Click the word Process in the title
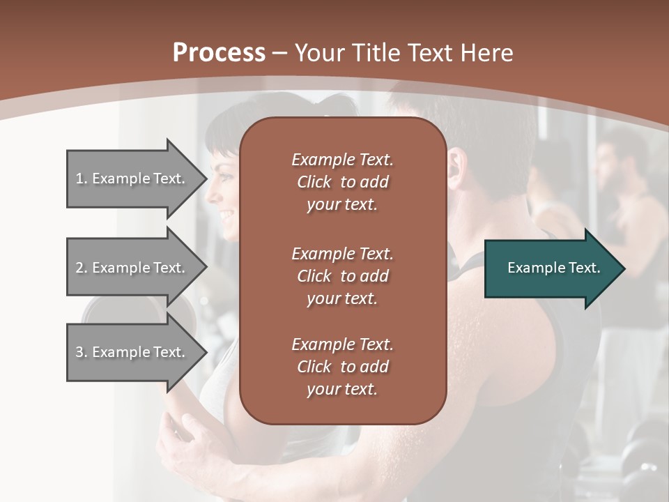pyautogui.click(x=219, y=53)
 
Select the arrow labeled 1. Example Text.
pyautogui.click(x=132, y=178)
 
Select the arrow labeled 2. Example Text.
pyautogui.click(x=132, y=268)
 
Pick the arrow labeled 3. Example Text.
pyautogui.click(x=132, y=352)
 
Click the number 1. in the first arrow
pyautogui.click(x=82, y=178)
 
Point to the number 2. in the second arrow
pyautogui.click(x=82, y=268)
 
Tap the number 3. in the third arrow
pyautogui.click(x=82, y=352)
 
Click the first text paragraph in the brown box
pyautogui.click(x=342, y=182)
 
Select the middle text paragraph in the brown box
pyautogui.click(x=342, y=275)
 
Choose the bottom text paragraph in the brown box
pyautogui.click(x=342, y=367)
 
